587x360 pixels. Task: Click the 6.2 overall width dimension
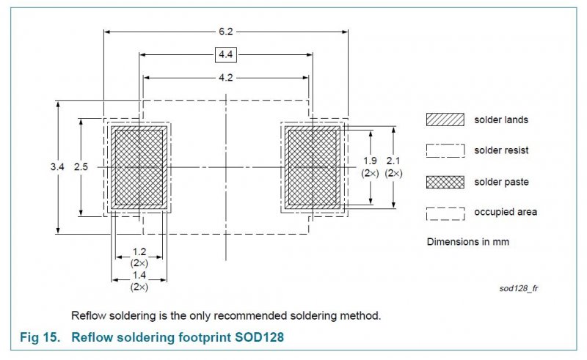point(225,32)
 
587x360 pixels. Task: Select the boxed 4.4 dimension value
point(225,54)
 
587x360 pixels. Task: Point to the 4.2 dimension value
point(225,77)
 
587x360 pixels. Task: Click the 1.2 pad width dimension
point(139,251)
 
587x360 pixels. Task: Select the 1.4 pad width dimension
point(139,275)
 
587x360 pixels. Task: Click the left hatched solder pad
point(139,168)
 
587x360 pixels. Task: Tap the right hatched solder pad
point(312,168)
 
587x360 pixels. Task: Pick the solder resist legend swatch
point(445,150)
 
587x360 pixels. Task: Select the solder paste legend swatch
point(445,181)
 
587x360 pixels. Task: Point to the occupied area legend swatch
point(445,213)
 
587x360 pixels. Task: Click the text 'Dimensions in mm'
point(468,241)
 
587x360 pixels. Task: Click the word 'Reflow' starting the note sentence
point(87,315)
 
